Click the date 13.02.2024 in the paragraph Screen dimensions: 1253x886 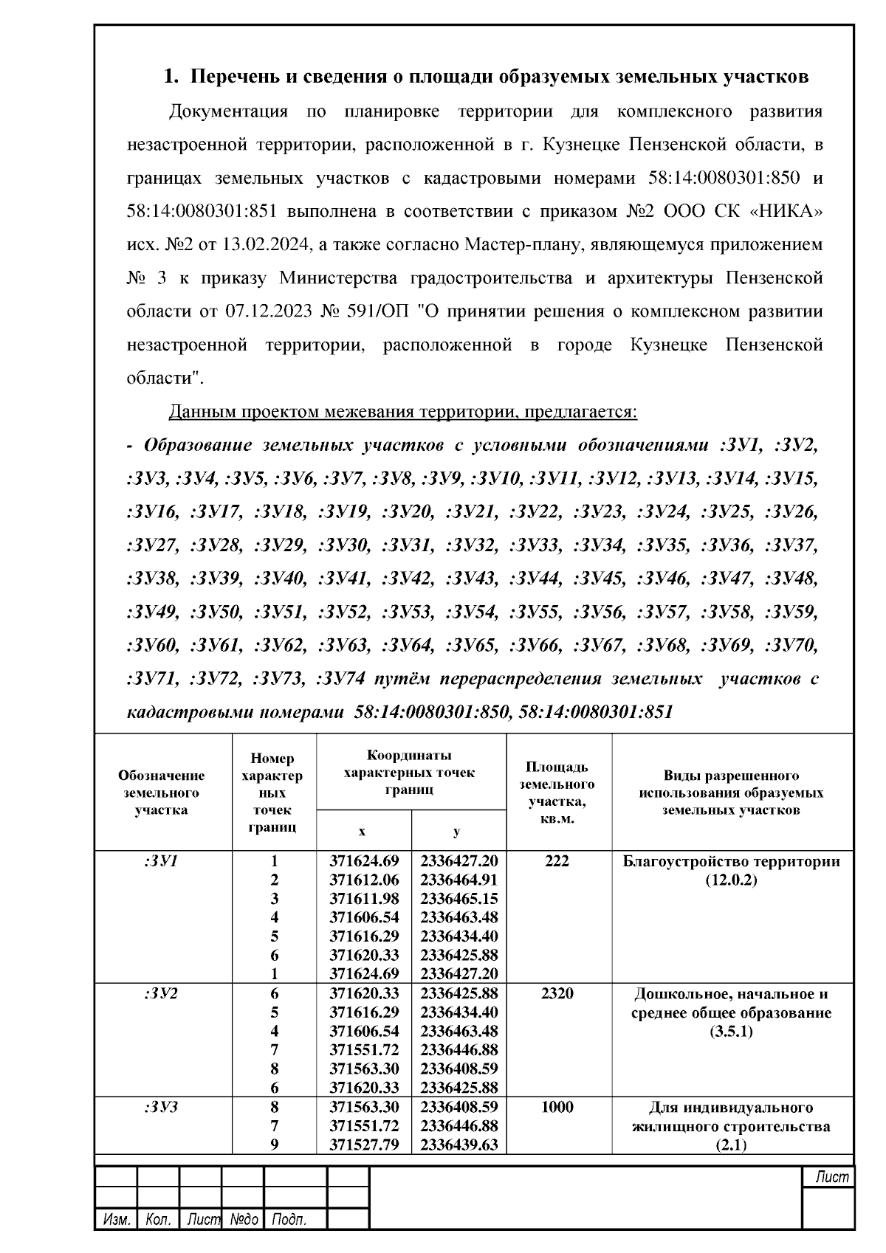[x=270, y=245]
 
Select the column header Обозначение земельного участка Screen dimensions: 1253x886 [x=162, y=793]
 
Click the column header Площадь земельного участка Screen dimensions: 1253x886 [x=557, y=793]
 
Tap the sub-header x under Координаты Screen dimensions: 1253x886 [x=362, y=832]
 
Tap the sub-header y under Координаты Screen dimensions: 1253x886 [x=457, y=832]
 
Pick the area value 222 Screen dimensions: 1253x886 [x=557, y=861]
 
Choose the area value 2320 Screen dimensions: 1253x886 [x=557, y=994]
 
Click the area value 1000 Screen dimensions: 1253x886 [x=557, y=1107]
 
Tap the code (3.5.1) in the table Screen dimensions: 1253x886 [x=731, y=1032]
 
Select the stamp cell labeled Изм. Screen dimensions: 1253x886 [x=116, y=1220]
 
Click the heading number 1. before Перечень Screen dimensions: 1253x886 [x=171, y=77]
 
